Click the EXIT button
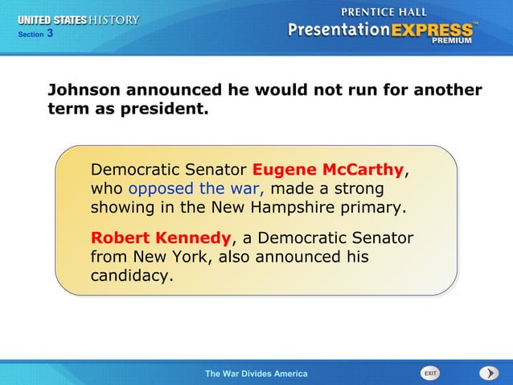430,373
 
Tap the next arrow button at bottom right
489,373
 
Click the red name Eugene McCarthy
327,170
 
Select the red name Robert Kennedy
161,238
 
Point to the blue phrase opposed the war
197,188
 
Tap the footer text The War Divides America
256,374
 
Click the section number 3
50,33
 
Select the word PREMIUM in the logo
453,40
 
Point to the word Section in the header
28,34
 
